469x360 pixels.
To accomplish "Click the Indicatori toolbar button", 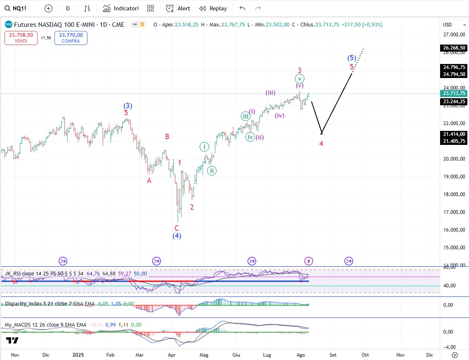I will [x=121, y=8].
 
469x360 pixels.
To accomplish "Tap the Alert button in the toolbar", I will [x=178, y=8].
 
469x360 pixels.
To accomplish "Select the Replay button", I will [x=213, y=8].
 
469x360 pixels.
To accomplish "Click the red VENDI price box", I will [x=21, y=38].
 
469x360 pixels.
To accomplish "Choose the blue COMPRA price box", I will [x=71, y=38].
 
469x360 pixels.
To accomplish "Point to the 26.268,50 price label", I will [x=454, y=48].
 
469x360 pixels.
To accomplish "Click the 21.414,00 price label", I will [x=454, y=134].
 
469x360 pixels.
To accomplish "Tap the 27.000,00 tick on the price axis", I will [x=454, y=35].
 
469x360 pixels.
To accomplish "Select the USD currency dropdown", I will [x=450, y=25].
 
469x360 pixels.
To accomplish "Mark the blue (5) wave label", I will [x=351, y=58].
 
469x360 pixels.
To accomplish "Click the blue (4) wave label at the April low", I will [x=177, y=236].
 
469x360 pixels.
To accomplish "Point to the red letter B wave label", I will [x=167, y=137].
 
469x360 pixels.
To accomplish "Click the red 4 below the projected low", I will [x=321, y=144].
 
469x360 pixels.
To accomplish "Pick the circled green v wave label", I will [x=300, y=78].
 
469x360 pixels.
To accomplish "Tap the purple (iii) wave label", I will [x=271, y=93].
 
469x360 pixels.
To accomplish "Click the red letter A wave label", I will [x=149, y=180].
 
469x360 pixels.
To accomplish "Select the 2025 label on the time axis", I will [x=78, y=355].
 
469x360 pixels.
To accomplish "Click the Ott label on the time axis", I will [x=365, y=355].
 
